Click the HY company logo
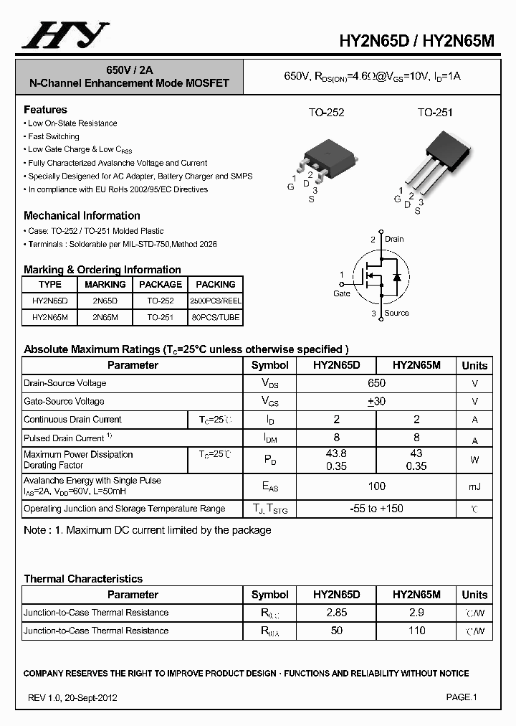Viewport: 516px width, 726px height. [x=65, y=36]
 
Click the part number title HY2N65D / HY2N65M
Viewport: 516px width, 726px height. [x=416, y=42]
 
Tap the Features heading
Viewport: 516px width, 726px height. [x=45, y=110]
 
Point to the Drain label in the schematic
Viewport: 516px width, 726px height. [x=394, y=239]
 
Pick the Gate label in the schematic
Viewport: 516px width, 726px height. [x=342, y=293]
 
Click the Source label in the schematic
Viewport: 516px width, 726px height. [x=396, y=313]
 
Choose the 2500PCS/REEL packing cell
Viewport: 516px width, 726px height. [x=215, y=301]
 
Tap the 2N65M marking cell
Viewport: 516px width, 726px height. [x=105, y=317]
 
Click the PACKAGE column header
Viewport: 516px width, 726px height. [x=161, y=284]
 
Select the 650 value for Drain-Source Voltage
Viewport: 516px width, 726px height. [x=376, y=383]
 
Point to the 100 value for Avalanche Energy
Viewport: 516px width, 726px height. [x=376, y=486]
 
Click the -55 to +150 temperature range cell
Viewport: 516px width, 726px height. [x=376, y=509]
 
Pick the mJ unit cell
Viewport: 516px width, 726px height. [x=474, y=487]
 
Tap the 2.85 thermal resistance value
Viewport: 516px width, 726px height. [x=336, y=613]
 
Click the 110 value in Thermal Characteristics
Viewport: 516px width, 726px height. [x=416, y=631]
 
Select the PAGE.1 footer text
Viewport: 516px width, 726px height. [x=462, y=697]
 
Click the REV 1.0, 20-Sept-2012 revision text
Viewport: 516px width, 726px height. [x=72, y=697]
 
